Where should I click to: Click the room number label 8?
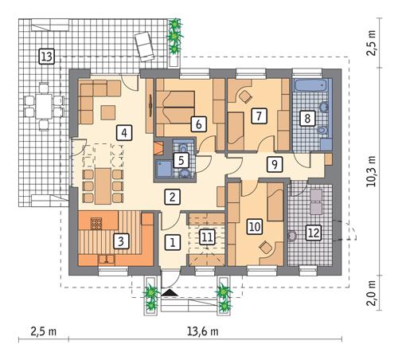click(306, 118)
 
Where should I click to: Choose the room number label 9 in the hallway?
click(275, 165)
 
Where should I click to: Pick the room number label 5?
click(181, 161)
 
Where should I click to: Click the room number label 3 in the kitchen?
click(119, 239)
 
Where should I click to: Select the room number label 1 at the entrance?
click(173, 241)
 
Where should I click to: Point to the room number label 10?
click(256, 226)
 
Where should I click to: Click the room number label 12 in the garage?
click(313, 233)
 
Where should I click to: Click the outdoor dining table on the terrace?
click(42, 104)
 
